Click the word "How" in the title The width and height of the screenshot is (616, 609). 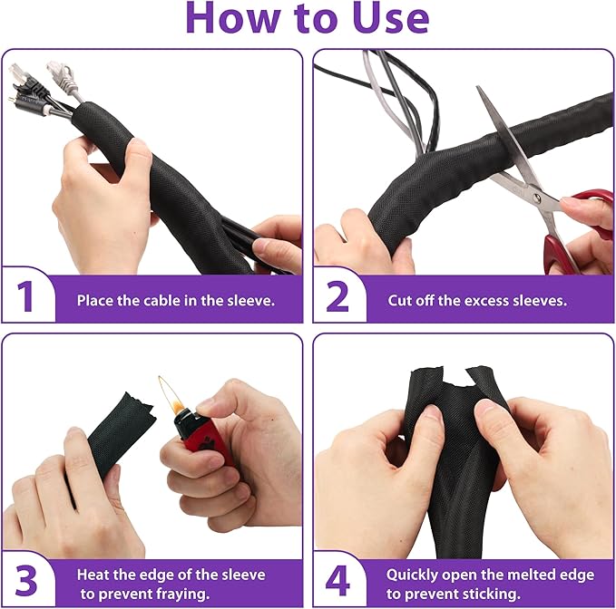pyautogui.click(x=237, y=19)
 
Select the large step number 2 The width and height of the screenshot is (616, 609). pyautogui.click(x=337, y=296)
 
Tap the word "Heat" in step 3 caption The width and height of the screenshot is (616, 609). pyautogui.click(x=93, y=574)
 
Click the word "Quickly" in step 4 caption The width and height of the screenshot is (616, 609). pyautogui.click(x=413, y=574)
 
